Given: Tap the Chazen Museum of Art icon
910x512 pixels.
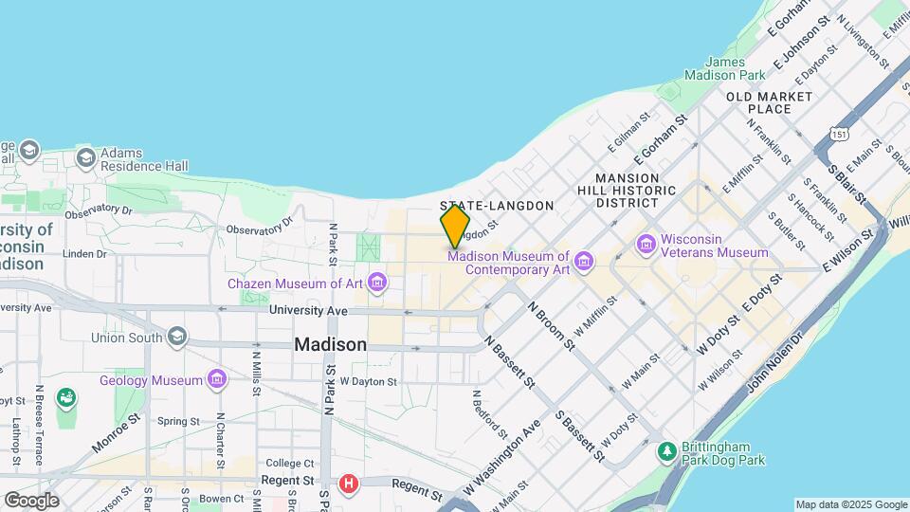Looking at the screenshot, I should [378, 283].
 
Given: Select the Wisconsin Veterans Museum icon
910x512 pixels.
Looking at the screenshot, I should [647, 246].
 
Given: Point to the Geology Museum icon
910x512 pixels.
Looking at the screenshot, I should [218, 380].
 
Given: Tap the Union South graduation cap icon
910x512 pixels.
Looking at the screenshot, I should [177, 337].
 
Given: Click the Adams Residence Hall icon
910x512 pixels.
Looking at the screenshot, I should [86, 157].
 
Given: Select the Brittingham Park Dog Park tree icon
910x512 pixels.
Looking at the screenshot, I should [667, 452].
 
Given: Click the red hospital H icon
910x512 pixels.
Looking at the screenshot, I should [349, 485].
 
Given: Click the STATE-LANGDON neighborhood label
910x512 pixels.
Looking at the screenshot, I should [497, 206].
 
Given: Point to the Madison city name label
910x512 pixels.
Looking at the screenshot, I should [330, 345].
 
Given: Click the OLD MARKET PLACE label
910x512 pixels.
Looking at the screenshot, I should [769, 102].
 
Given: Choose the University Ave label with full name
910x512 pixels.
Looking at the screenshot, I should [308, 310].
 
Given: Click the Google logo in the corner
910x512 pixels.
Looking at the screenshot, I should [31, 500].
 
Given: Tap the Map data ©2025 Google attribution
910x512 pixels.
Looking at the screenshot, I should [850, 504].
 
